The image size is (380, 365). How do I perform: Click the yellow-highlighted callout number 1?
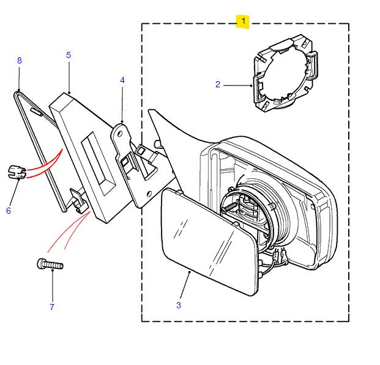pos(244,21)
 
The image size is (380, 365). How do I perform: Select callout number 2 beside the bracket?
pos(217,85)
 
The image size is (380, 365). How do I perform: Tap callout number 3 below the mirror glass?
pos(178,305)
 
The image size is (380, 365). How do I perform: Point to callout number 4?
pos(122,80)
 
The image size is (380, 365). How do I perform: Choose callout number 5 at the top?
pos(69,55)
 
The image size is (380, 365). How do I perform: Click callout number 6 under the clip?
pos(9,211)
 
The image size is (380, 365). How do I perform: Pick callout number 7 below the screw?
pos(51,307)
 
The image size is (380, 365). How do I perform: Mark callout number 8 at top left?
pos(19,60)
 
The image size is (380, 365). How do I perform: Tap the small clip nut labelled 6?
pos(15,171)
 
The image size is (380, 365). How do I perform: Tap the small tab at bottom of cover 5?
pos(77,198)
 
